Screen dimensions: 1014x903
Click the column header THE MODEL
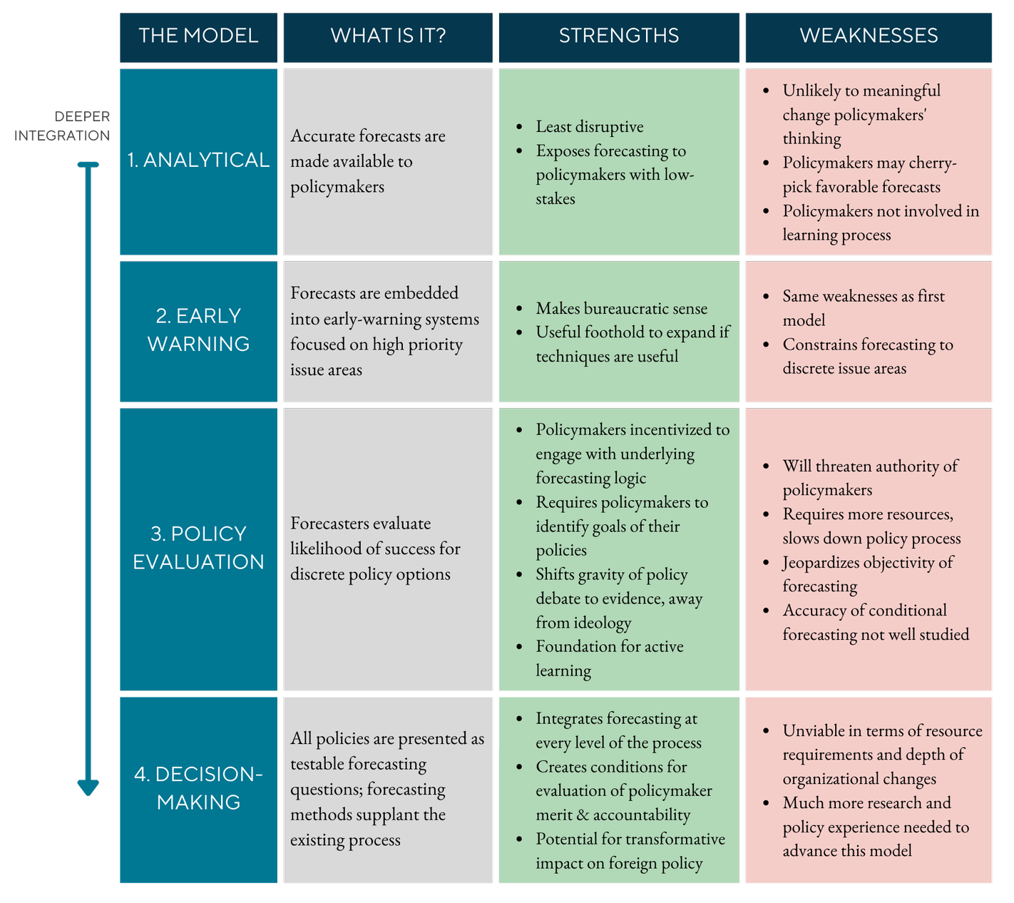[x=198, y=36]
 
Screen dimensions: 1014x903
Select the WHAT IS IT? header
[x=388, y=36]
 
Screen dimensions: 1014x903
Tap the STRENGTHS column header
[x=618, y=36]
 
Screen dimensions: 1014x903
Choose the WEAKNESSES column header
[x=869, y=36]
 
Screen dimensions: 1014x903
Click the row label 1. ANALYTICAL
[x=198, y=160]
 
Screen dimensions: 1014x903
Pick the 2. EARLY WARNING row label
[x=198, y=330]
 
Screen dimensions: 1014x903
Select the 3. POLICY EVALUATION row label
[x=198, y=548]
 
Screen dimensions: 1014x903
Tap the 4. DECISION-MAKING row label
[x=198, y=788]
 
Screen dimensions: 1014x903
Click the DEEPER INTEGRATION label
[x=63, y=126]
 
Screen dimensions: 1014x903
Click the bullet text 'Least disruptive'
[x=590, y=127]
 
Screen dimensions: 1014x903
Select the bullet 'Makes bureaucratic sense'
[x=621, y=309]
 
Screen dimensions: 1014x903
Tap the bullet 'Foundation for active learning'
[x=609, y=658]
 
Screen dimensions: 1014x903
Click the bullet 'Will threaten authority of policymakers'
[x=870, y=478]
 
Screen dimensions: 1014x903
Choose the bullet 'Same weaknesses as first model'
[x=863, y=308]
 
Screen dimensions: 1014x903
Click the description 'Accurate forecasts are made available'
[x=367, y=161]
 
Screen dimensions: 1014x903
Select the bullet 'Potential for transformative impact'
[x=630, y=851]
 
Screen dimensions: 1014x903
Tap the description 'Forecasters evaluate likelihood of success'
[x=375, y=549]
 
